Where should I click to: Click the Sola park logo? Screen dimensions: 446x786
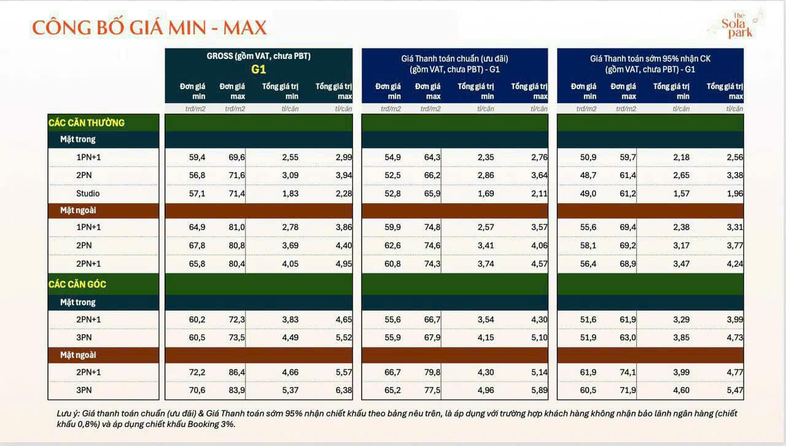point(736,25)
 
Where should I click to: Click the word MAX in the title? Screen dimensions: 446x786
point(239,28)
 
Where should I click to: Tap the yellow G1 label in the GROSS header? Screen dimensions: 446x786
point(259,69)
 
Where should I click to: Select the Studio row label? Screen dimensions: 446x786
point(88,194)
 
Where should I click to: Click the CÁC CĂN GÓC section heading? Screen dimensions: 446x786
point(78,285)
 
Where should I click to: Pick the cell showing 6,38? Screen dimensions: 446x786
point(344,390)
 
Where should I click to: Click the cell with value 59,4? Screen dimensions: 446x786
point(197,157)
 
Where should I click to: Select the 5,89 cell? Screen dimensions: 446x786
point(539,390)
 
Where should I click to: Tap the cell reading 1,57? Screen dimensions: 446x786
point(681,194)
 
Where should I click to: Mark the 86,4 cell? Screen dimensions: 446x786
point(236,372)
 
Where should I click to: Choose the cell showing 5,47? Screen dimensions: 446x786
point(734,390)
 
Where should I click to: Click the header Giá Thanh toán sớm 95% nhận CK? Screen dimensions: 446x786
point(650,58)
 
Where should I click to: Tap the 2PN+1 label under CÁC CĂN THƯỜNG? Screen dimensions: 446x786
point(88,264)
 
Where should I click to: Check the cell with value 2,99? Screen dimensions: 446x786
point(344,157)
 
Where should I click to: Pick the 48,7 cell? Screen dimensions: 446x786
point(588,176)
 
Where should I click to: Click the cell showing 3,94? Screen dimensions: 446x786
point(344,176)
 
